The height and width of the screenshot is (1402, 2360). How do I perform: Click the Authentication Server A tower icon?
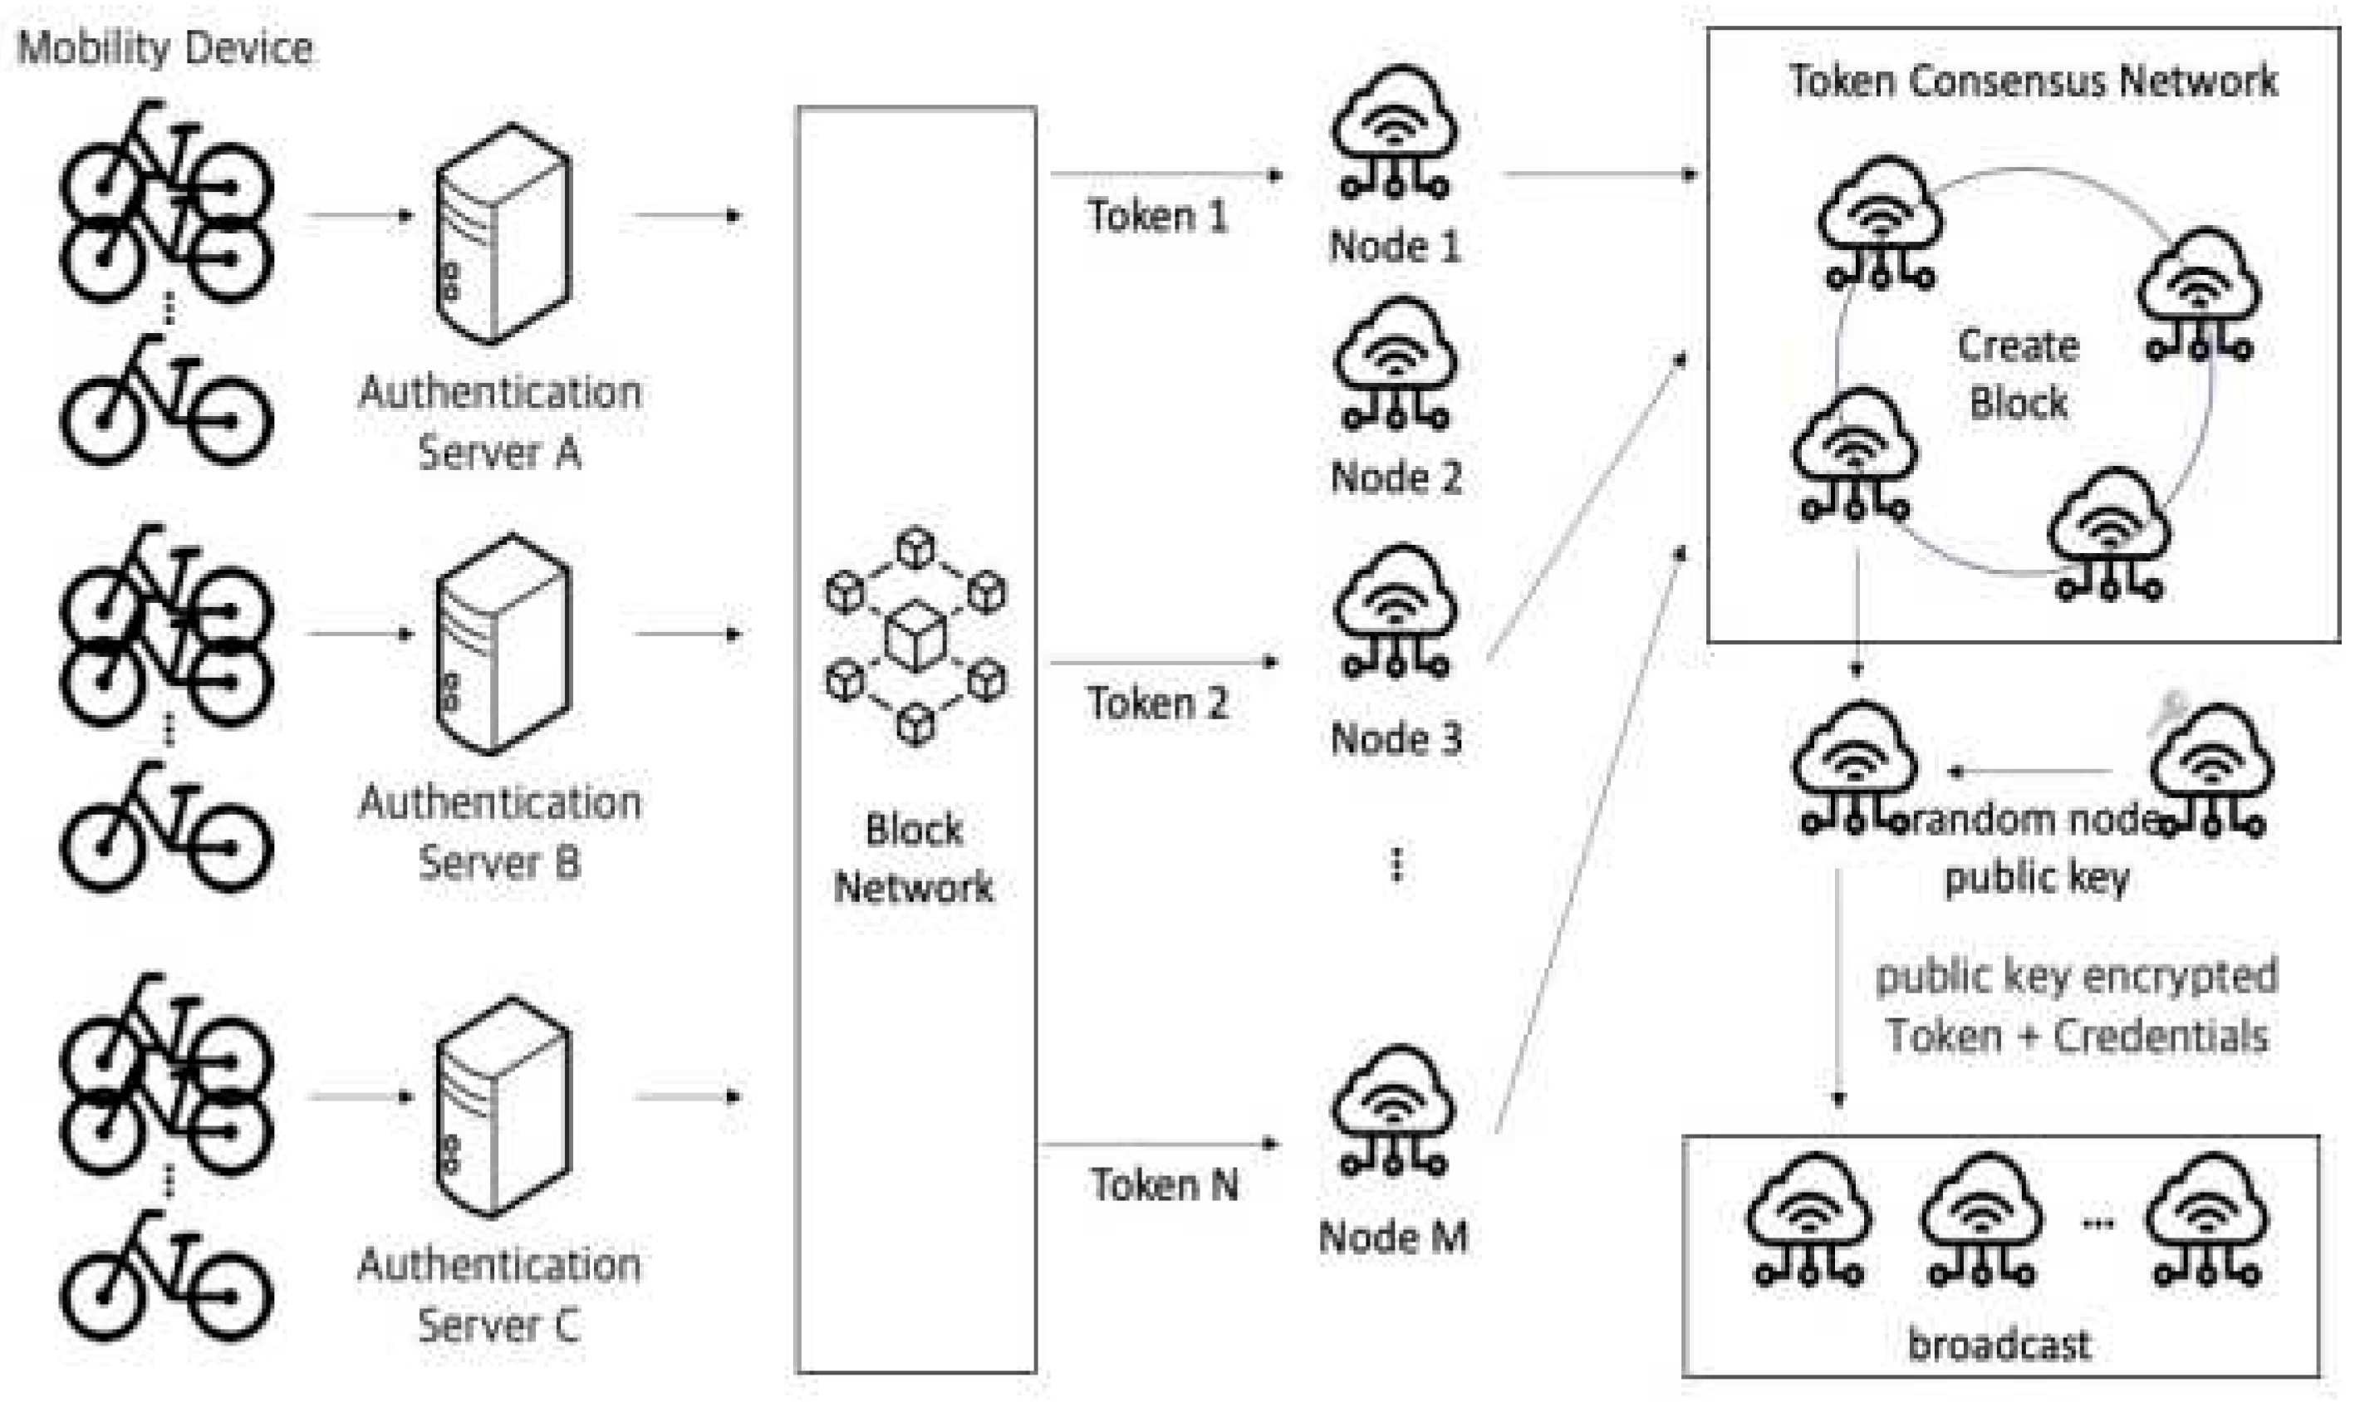503,233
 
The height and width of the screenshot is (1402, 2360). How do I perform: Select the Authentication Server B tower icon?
503,645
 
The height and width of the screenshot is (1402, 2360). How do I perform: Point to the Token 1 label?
1156,216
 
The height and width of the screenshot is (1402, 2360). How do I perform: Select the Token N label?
1164,1184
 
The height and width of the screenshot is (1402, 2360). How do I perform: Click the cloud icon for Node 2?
1396,364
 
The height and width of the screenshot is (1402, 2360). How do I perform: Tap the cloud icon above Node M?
1394,1110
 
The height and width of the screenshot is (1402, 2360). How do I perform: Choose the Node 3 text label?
1396,738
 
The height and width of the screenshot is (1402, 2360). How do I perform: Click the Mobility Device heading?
165,48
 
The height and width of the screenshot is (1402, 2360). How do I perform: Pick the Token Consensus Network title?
2032,81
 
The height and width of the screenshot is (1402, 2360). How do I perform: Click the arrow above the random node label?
2031,772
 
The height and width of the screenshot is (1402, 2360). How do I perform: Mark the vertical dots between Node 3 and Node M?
1396,864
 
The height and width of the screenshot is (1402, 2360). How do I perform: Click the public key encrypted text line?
2076,976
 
